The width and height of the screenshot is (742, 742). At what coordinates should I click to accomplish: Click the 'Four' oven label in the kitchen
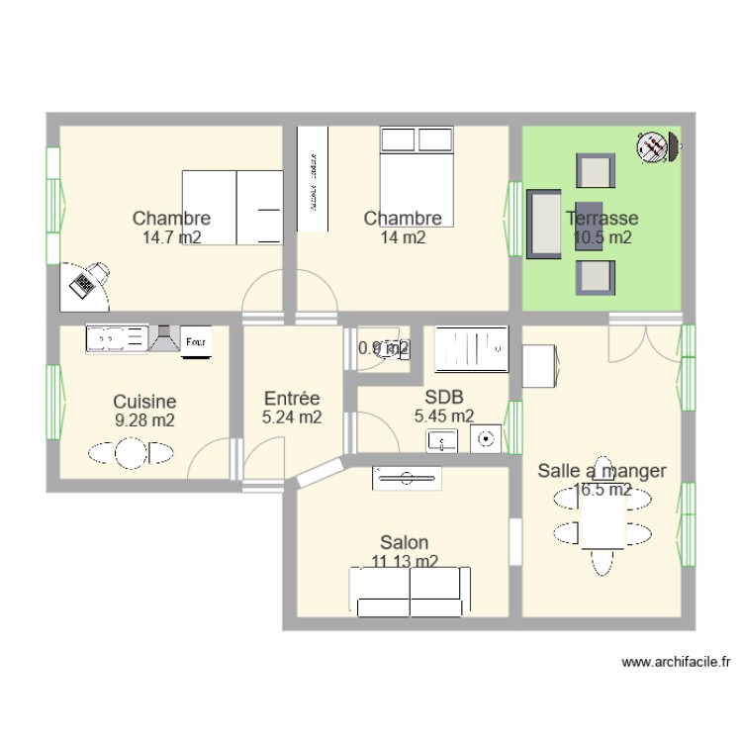pyautogui.click(x=196, y=340)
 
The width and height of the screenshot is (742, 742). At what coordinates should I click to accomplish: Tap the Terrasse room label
pyautogui.click(x=602, y=219)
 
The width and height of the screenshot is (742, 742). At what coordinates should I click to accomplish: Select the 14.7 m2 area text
pyautogui.click(x=171, y=237)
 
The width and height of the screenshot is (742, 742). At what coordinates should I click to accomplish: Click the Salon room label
pyautogui.click(x=405, y=542)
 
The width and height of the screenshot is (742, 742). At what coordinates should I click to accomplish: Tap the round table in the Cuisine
pyautogui.click(x=131, y=454)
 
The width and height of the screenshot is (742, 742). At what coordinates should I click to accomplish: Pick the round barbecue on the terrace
pyautogui.click(x=654, y=147)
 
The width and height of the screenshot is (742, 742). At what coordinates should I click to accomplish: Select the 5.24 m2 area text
pyautogui.click(x=291, y=417)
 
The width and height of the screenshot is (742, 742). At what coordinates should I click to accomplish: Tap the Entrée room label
pyautogui.click(x=291, y=399)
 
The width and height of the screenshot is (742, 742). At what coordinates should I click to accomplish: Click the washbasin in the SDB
pyautogui.click(x=443, y=439)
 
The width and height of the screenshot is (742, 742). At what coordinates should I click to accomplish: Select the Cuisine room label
pyautogui.click(x=144, y=402)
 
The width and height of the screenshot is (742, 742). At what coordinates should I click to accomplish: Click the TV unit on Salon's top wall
pyautogui.click(x=406, y=478)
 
